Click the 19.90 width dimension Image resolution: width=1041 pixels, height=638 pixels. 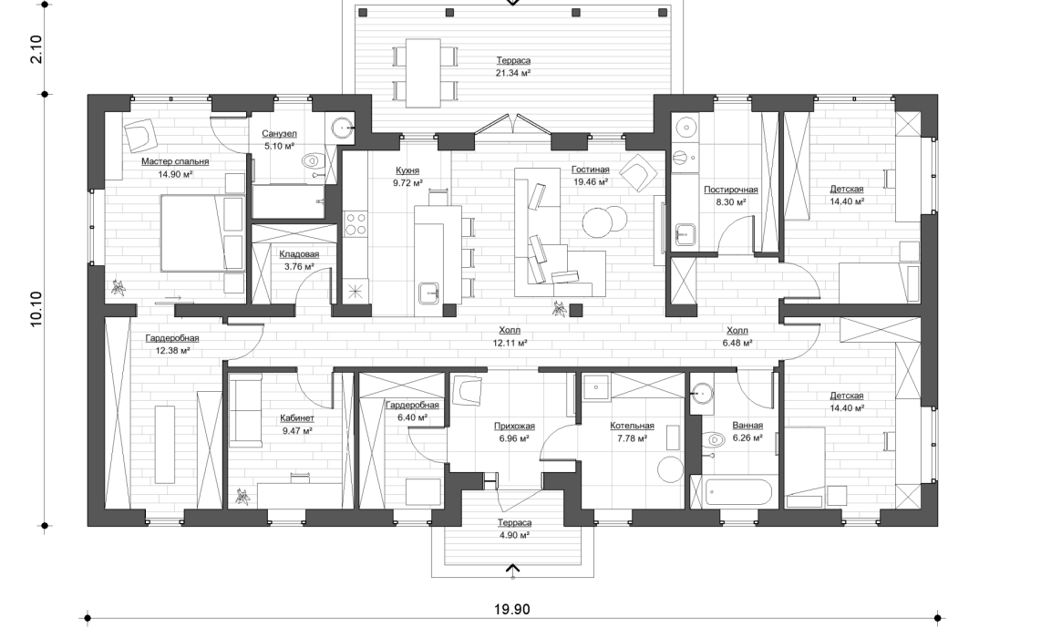point(512,609)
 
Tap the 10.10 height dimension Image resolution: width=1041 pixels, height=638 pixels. point(36,310)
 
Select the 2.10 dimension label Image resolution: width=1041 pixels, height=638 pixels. point(36,47)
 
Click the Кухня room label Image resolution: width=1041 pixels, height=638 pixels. point(407,170)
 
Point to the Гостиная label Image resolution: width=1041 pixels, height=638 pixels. point(590,170)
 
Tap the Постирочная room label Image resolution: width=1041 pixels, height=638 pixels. point(730,190)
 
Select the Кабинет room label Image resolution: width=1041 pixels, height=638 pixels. point(296,419)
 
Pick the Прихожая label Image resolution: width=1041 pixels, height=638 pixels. point(515,426)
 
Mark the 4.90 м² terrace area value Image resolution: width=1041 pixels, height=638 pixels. point(515,536)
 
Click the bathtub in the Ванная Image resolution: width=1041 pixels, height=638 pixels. point(738,492)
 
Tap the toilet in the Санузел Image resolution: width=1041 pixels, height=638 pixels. point(313,161)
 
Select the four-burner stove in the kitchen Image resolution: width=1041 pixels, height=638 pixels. point(355,223)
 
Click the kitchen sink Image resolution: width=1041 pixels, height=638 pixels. point(428,293)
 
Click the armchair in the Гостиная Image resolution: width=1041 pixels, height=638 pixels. point(636,171)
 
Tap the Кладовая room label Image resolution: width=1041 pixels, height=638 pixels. point(298,254)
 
